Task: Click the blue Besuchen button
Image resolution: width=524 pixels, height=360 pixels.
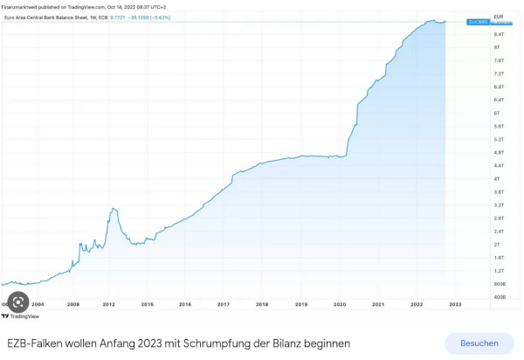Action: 479,343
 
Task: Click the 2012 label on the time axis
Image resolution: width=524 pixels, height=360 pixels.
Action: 109,304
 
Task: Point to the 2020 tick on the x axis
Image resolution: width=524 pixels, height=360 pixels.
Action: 340,304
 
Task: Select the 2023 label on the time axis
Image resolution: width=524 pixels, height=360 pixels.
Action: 455,304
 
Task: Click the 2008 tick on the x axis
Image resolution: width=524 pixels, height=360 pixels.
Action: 73,304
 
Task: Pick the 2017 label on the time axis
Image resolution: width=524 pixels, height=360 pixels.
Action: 224,304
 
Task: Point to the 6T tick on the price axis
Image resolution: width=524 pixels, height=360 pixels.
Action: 497,113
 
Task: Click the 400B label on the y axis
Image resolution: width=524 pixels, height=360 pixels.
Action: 500,297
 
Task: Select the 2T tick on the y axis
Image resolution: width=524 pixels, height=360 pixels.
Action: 497,245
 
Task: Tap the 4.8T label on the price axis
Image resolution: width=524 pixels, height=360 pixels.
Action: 499,152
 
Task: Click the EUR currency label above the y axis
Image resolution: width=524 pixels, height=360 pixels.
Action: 499,17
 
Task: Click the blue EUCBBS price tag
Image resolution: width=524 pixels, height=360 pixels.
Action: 478,22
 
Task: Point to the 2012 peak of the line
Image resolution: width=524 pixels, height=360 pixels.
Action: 114,209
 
